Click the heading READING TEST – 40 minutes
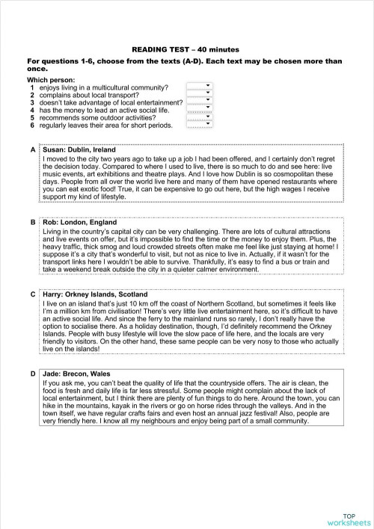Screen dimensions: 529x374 tap(186, 46)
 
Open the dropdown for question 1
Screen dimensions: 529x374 tap(200, 87)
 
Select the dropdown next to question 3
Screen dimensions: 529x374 tap(200, 102)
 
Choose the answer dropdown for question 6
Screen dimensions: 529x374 tap(200, 124)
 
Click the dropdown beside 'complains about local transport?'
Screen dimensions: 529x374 tap(200, 95)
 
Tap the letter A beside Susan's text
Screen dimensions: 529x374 tap(33, 149)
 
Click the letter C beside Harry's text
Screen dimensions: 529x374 tap(33, 295)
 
